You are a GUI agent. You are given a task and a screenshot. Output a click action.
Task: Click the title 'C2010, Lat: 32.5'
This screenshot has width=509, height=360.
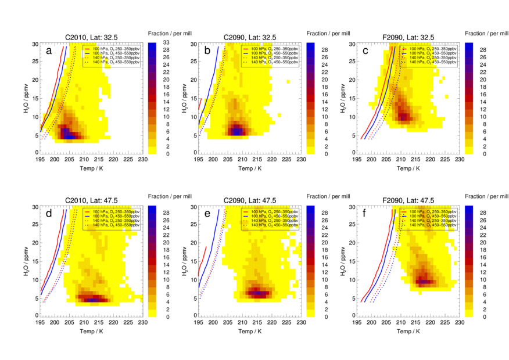(x=91, y=37)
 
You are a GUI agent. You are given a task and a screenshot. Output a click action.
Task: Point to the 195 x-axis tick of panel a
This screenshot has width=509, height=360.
(x=40, y=159)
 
